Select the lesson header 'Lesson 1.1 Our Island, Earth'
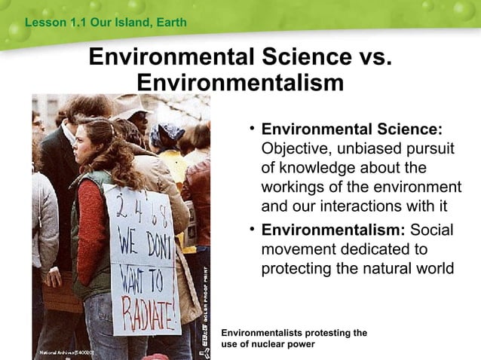point(106,23)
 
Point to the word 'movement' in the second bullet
point(296,249)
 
